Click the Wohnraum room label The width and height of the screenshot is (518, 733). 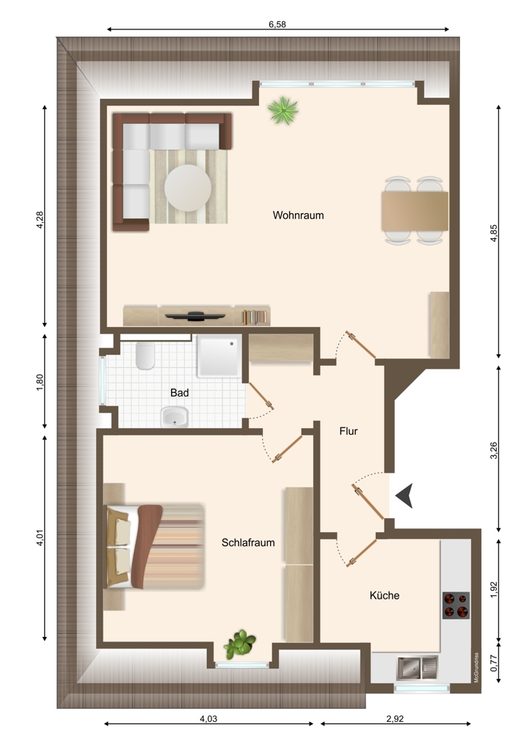[298, 215]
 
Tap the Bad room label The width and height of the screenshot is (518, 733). [179, 393]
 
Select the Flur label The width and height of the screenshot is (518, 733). [348, 431]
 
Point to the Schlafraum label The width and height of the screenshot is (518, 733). [248, 542]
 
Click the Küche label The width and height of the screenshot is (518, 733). [384, 595]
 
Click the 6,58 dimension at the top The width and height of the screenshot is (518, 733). [277, 24]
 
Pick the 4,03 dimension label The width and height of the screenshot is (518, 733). [208, 719]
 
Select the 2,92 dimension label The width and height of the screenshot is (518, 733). [395, 719]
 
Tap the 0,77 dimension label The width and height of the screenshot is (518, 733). [494, 663]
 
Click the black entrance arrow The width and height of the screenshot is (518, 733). [405, 496]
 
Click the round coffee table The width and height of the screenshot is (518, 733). [188, 188]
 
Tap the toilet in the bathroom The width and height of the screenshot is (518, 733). [145, 356]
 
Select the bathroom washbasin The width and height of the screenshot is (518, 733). [175, 416]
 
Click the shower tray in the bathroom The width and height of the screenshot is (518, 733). [219, 356]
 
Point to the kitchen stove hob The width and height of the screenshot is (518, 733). [456, 605]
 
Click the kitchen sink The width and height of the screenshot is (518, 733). [417, 668]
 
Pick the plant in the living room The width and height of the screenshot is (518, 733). [282, 111]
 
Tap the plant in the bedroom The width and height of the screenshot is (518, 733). [239, 644]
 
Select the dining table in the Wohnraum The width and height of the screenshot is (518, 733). [415, 211]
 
